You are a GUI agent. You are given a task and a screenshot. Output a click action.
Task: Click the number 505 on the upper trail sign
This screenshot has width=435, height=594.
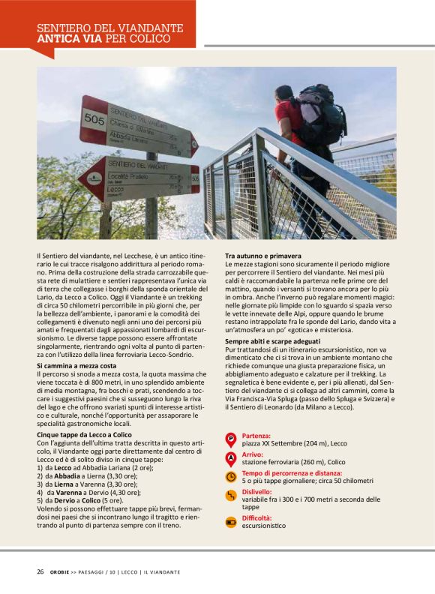tap(94, 118)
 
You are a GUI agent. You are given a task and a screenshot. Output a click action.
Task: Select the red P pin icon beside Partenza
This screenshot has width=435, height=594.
tap(231, 439)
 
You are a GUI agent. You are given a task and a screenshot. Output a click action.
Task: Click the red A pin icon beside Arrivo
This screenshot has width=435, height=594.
tap(231, 457)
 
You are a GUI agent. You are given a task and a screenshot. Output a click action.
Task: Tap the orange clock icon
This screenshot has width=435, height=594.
tap(231, 476)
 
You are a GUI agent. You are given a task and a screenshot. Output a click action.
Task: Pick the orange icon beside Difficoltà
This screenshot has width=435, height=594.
tap(231, 521)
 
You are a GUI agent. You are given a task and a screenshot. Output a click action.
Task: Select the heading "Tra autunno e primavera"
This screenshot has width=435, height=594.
tap(259, 256)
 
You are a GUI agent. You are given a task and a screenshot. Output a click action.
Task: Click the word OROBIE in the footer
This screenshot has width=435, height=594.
tap(62, 572)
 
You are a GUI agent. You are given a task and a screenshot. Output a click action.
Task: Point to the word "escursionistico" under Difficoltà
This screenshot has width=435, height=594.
tap(263, 526)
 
